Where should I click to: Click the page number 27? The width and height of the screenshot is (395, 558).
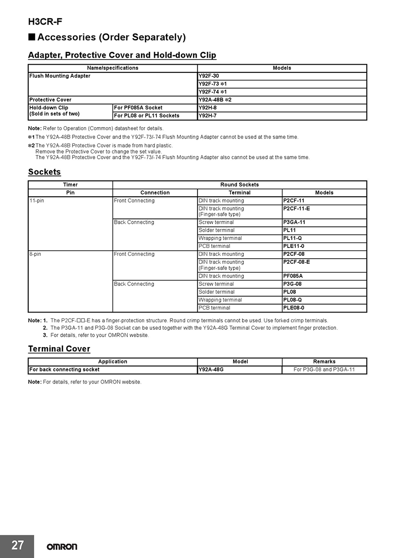click(x=17, y=545)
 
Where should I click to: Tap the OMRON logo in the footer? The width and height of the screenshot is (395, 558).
click(x=62, y=547)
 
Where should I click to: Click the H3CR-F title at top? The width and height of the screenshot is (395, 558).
click(x=45, y=22)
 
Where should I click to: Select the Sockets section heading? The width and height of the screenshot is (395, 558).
click(x=44, y=172)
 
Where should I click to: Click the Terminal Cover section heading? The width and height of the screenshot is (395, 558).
click(x=59, y=349)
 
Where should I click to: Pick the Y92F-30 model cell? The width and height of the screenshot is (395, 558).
click(x=208, y=76)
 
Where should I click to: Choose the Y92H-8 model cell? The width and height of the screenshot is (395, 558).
click(x=207, y=107)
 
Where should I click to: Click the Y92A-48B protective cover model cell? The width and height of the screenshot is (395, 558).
click(x=215, y=100)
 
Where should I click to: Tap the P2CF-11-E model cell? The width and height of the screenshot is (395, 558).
click(x=296, y=209)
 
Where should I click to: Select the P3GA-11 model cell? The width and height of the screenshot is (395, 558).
click(x=294, y=222)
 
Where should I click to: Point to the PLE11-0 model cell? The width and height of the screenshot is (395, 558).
click(x=294, y=246)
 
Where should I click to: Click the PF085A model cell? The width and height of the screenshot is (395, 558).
click(x=293, y=276)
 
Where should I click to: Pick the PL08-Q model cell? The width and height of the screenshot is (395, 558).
click(x=292, y=300)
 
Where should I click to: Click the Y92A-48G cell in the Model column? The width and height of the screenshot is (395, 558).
click(x=211, y=369)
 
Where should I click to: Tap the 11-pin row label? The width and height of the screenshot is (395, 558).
click(x=37, y=201)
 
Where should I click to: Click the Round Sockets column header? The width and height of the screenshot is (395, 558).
click(x=239, y=185)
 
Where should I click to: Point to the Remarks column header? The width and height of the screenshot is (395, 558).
click(x=324, y=362)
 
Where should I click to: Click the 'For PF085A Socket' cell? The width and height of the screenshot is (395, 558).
click(x=138, y=107)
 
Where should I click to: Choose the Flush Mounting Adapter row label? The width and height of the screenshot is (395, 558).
click(x=60, y=76)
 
